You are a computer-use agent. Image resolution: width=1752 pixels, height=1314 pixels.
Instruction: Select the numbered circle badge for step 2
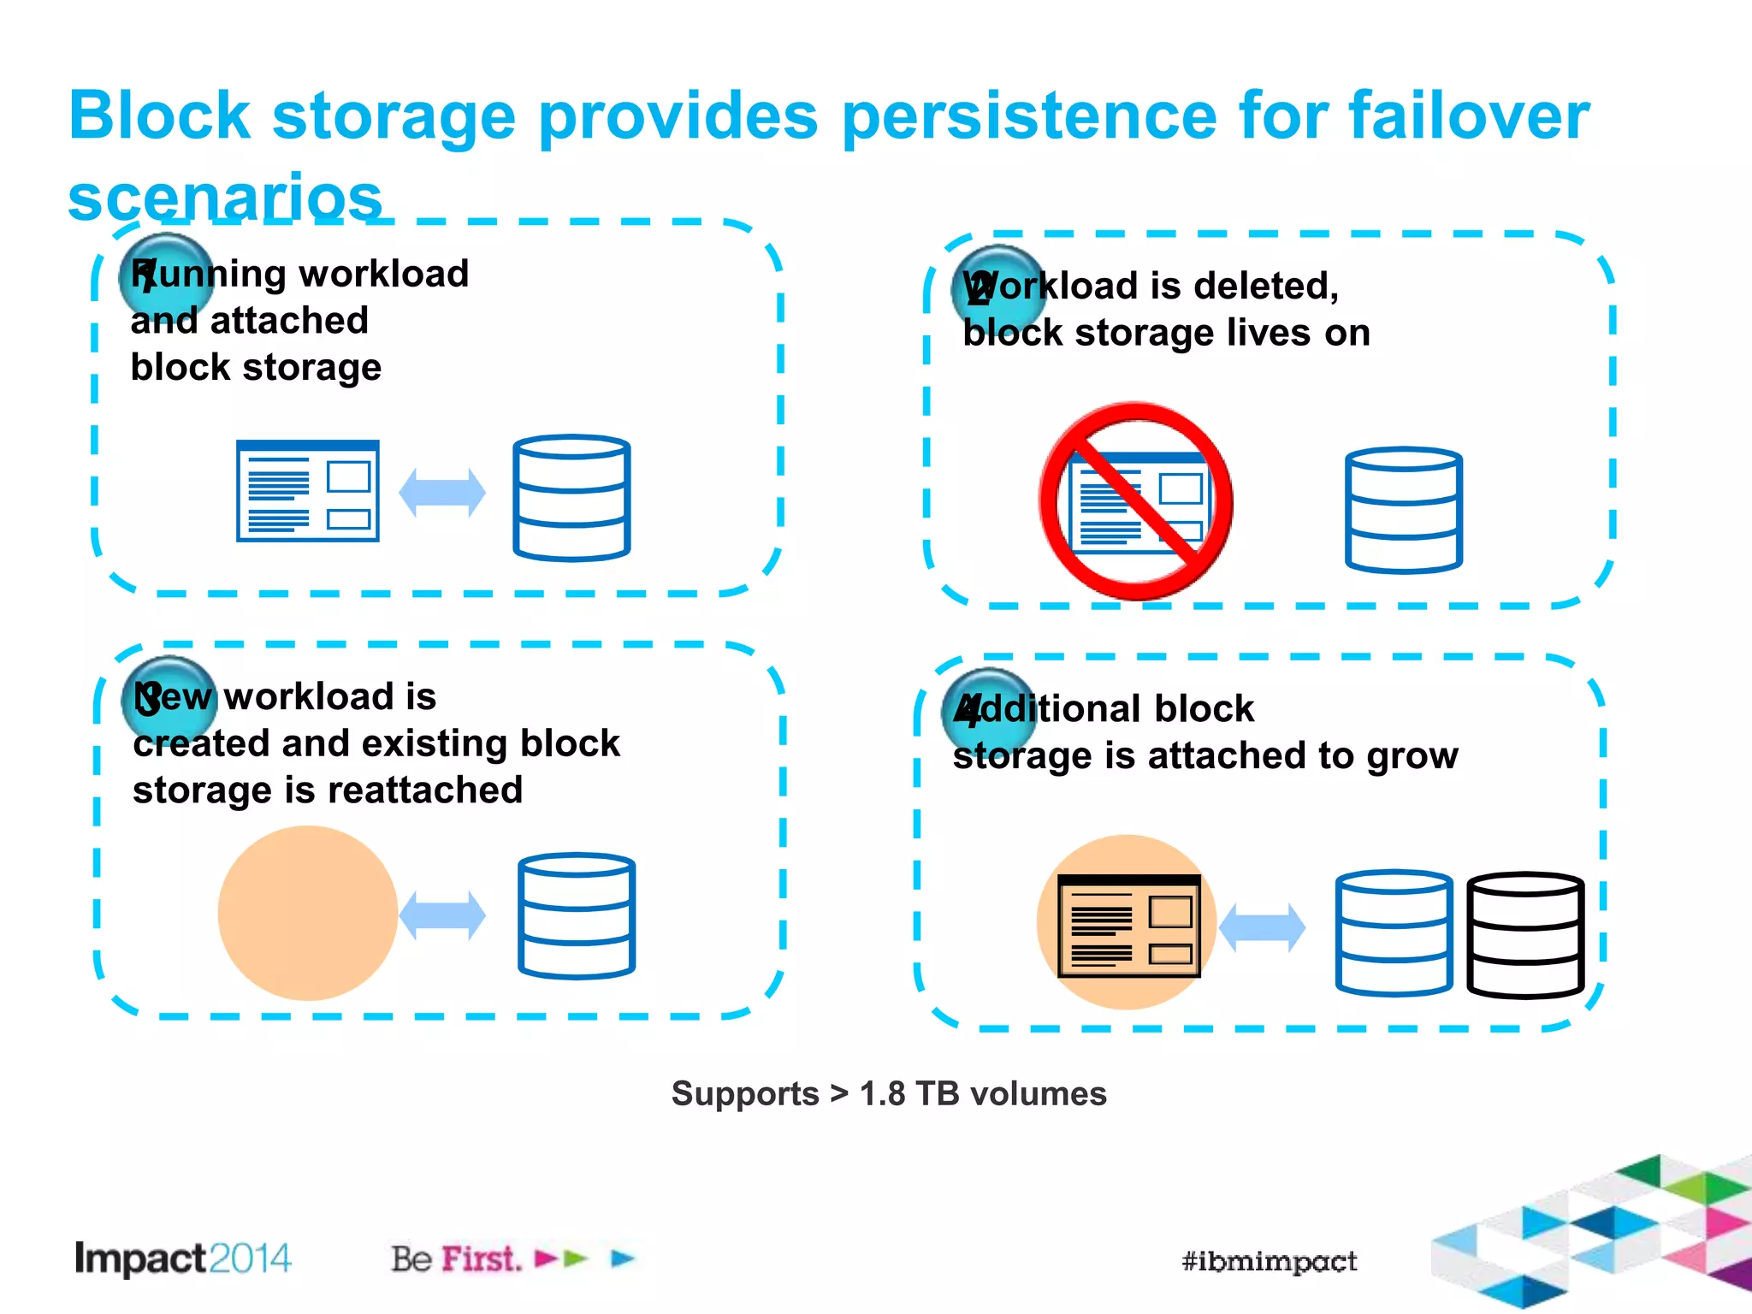click(997, 288)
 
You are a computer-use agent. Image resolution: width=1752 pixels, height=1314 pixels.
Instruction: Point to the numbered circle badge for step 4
click(988, 710)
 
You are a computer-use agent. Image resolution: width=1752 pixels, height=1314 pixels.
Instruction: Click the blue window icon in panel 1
click(308, 491)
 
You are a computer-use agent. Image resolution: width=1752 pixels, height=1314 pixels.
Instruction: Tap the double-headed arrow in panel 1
click(442, 493)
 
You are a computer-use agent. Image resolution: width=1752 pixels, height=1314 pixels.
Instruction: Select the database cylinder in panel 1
click(571, 497)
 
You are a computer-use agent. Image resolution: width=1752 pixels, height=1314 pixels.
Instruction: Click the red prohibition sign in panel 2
click(1136, 501)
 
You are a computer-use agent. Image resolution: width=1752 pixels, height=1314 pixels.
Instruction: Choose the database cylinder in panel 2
click(1403, 510)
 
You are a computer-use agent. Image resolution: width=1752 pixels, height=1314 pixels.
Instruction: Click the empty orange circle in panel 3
click(308, 913)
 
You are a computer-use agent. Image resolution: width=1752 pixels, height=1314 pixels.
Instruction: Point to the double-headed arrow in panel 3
click(442, 914)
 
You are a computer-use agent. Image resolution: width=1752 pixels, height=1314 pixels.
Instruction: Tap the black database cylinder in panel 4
click(1525, 934)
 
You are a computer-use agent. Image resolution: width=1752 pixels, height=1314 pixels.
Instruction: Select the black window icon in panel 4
click(1128, 926)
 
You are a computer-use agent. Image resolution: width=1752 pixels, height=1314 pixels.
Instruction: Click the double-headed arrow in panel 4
click(1262, 927)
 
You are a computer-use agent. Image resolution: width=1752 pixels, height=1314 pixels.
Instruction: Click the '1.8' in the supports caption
click(881, 1094)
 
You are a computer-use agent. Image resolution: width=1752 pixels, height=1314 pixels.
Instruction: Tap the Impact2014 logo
click(183, 1258)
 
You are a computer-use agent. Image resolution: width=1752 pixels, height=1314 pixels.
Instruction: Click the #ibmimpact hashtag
click(1269, 1261)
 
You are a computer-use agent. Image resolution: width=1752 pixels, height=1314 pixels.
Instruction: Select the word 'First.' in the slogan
click(481, 1258)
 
